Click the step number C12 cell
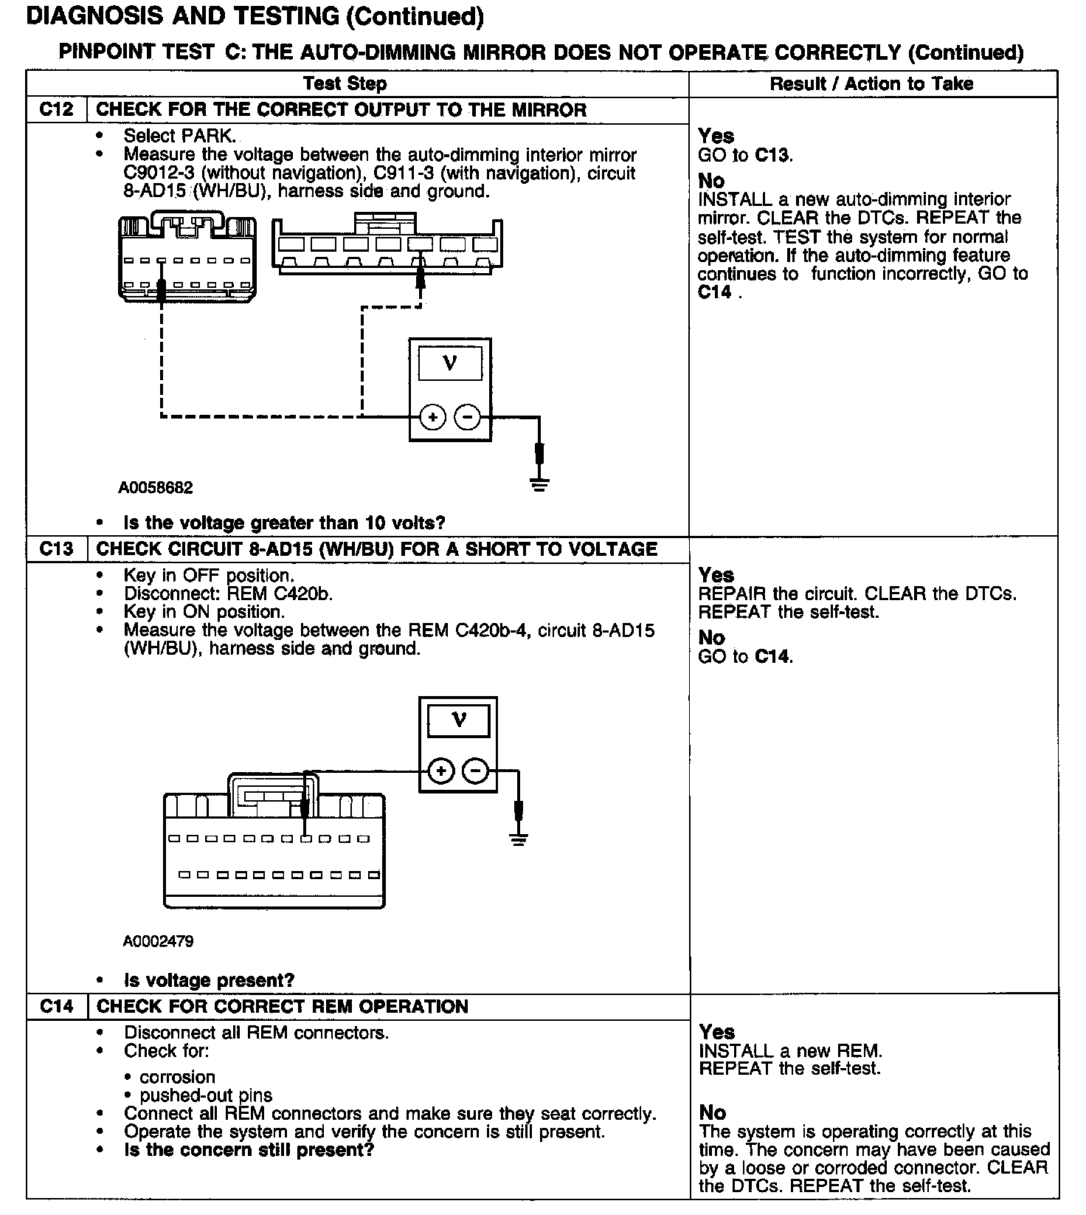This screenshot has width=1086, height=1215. click(56, 110)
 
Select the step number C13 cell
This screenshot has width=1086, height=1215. click(56, 549)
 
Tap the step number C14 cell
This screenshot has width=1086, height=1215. click(56, 1007)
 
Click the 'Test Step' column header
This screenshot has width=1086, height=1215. click(345, 83)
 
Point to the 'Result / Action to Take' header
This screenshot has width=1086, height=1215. click(871, 83)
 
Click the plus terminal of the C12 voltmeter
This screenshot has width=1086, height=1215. click(432, 417)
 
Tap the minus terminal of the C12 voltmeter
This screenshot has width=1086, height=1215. click(467, 417)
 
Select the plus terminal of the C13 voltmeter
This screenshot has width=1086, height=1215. click(441, 771)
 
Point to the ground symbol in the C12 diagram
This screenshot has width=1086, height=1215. click(540, 485)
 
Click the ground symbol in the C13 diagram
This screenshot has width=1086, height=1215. click(519, 839)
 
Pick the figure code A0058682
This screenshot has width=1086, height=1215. click(156, 488)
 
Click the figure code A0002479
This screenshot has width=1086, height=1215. click(159, 941)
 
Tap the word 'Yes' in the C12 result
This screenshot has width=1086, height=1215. click(716, 136)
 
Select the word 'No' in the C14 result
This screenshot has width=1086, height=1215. click(712, 1112)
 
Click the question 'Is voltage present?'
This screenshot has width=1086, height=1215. click(209, 980)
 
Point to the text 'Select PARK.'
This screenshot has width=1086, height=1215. click(180, 136)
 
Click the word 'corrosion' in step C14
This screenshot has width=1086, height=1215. click(177, 1077)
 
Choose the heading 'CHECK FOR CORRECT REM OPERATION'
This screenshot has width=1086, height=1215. click(283, 1007)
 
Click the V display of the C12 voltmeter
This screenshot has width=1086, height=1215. click(450, 363)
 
